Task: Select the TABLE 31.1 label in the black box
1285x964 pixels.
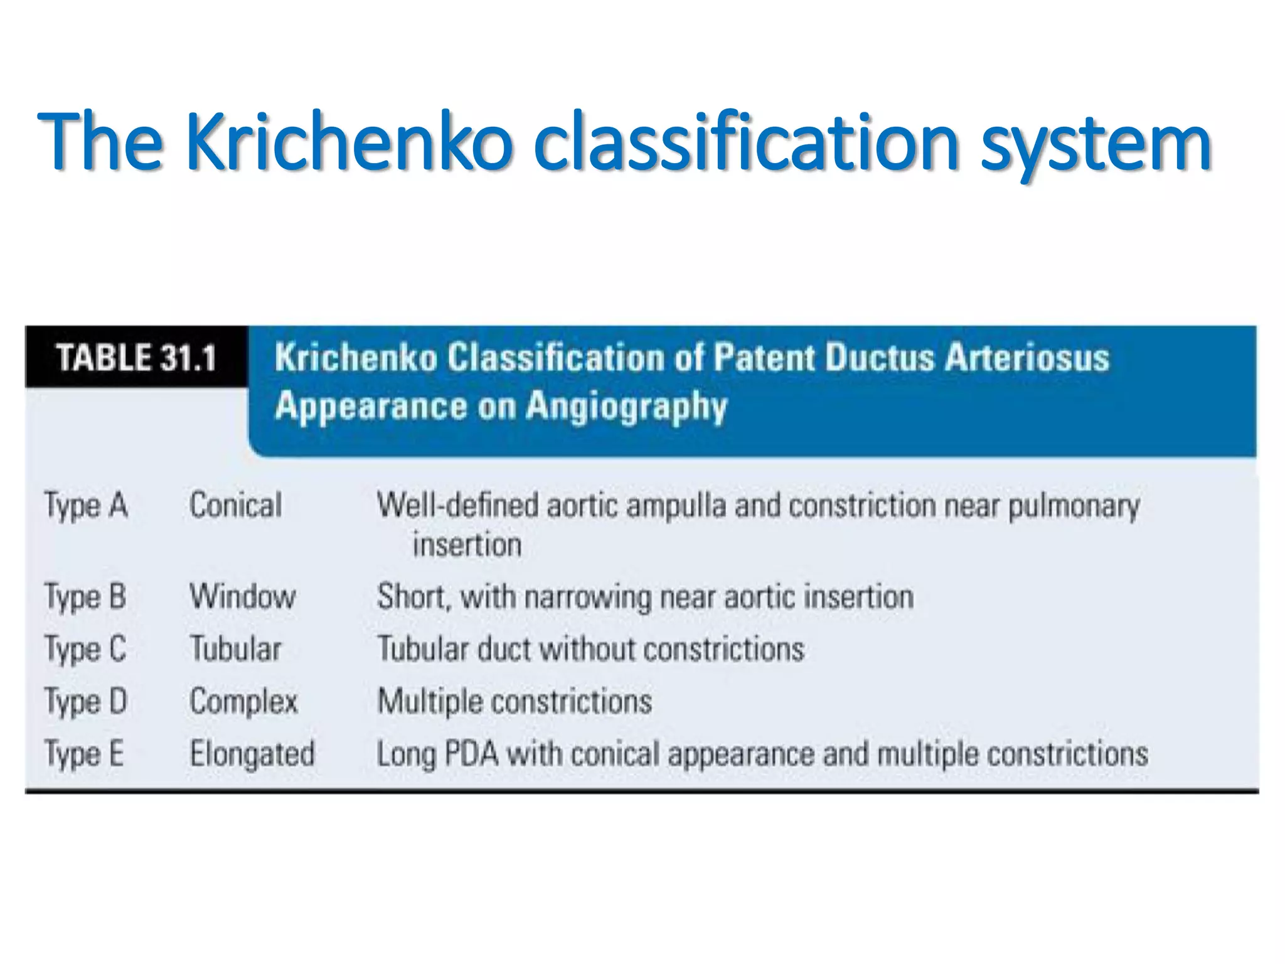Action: [x=136, y=358]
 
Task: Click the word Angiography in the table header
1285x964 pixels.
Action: [x=626, y=407]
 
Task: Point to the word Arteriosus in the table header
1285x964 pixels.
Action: [x=1026, y=358]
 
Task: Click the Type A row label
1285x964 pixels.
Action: [x=86, y=506]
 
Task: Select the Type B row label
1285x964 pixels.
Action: [x=85, y=597]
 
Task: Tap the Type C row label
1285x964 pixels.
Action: [x=85, y=649]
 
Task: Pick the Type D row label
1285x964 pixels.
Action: [x=86, y=702]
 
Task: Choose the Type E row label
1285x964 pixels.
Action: [x=84, y=754]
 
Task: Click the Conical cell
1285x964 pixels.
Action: [x=236, y=506]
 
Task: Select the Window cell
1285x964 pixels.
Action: [x=243, y=597]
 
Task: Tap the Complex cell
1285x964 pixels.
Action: [x=244, y=702]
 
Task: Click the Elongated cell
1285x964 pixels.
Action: [x=252, y=754]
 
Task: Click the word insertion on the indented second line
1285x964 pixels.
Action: [x=467, y=545]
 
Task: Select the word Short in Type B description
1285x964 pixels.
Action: [x=412, y=597]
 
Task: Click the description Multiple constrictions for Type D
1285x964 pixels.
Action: [x=515, y=702]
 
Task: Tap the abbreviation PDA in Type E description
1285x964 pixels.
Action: [x=471, y=754]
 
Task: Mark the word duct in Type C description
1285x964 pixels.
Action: [x=504, y=649]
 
